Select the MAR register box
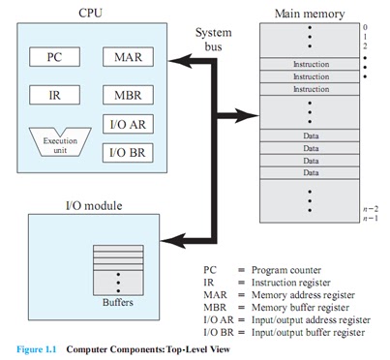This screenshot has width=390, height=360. click(125, 57)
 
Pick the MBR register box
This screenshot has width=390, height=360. click(125, 95)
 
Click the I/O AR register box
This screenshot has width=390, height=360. click(125, 125)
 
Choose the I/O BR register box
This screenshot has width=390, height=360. click(125, 152)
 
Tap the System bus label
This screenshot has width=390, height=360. click(213, 39)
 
